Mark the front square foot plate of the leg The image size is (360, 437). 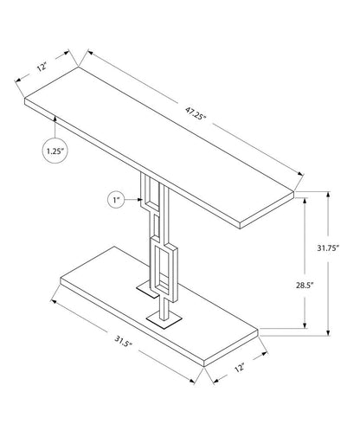(162, 322)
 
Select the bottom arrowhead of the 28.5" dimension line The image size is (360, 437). (305, 328)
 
